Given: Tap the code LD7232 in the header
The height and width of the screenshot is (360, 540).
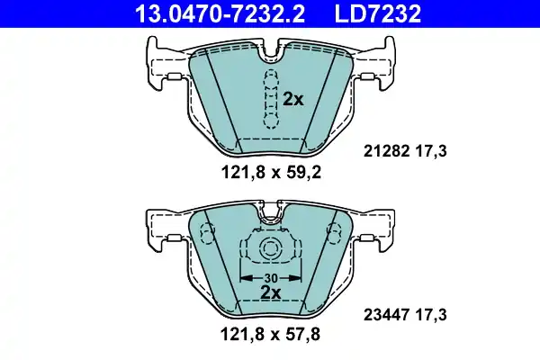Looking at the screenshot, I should coord(372,13).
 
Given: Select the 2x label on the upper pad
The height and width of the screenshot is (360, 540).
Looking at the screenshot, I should coord(293,100).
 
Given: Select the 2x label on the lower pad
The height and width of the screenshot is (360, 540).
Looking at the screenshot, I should coord(270,292).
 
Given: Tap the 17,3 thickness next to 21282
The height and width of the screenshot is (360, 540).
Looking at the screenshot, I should coord(432,154).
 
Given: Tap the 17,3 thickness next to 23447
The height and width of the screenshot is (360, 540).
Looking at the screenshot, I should coord(432,315).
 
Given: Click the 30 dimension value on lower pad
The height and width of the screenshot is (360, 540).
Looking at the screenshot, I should coord(270,277).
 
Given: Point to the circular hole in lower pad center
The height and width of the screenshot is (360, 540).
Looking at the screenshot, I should coord(269,251).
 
